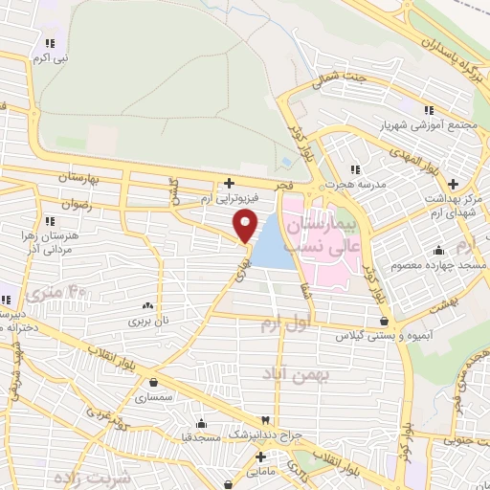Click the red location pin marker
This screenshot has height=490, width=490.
click(246, 226)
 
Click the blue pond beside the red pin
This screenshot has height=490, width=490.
click(273, 243)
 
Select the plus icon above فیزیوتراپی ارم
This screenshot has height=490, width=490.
click(228, 183)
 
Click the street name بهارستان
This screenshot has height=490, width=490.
click(60, 179)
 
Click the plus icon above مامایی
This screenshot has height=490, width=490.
click(260, 457)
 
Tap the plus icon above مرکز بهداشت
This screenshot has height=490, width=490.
click(453, 183)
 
